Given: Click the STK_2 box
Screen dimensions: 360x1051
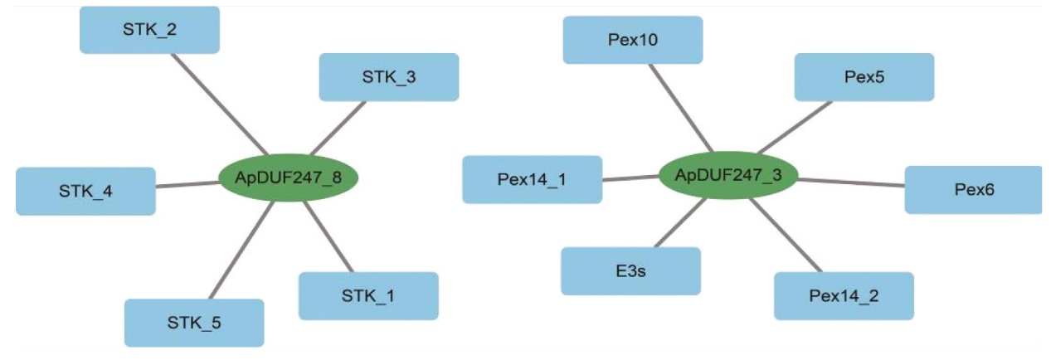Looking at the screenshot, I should (x=149, y=30).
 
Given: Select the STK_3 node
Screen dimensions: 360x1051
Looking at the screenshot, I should (x=388, y=77).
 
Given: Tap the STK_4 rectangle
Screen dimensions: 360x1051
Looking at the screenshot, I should (x=85, y=191).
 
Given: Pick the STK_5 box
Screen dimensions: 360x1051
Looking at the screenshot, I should (x=194, y=322).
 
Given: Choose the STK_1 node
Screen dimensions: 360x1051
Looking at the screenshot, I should (x=368, y=295).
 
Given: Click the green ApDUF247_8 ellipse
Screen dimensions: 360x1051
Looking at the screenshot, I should (x=289, y=177).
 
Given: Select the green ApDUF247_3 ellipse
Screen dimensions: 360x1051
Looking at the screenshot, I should (x=727, y=175).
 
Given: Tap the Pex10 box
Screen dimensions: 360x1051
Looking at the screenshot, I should (x=632, y=39).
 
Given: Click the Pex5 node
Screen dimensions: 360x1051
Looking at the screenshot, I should (x=864, y=77).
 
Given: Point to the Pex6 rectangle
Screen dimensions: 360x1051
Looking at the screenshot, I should (x=973, y=189).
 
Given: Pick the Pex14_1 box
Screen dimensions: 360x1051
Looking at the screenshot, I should (x=532, y=179).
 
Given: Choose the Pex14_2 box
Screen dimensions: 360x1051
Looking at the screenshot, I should (x=844, y=295).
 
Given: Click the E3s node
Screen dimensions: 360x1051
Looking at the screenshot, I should (x=630, y=270).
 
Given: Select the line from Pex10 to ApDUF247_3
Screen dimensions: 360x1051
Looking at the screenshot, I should (x=680, y=108).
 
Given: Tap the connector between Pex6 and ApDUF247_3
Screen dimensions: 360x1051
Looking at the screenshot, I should (x=850, y=182).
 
